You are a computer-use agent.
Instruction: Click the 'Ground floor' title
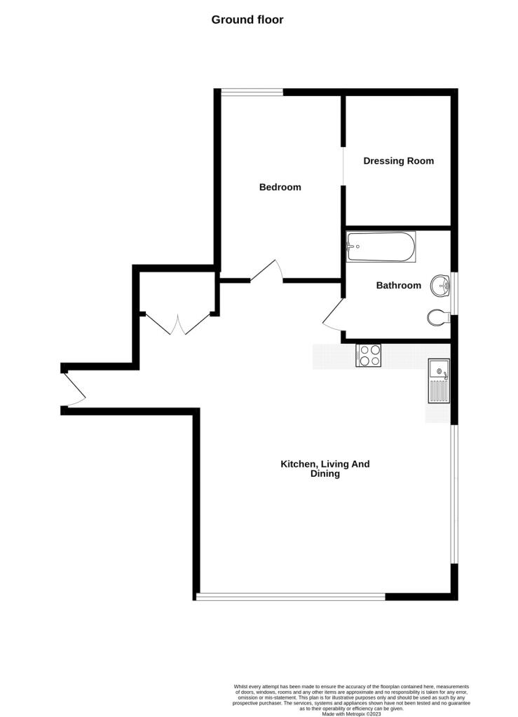click(x=247, y=20)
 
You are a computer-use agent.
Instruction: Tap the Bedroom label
click(x=280, y=187)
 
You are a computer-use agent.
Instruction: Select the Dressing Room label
click(x=399, y=161)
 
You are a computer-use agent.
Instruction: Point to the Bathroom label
click(x=399, y=286)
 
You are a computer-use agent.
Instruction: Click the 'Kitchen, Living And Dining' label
click(x=325, y=468)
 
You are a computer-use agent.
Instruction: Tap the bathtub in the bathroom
click(x=381, y=247)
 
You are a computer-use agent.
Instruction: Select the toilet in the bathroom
click(x=439, y=317)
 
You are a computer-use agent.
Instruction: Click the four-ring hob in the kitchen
click(x=369, y=355)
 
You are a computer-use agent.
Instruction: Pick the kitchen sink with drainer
click(x=439, y=381)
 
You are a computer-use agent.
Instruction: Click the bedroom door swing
click(x=267, y=271)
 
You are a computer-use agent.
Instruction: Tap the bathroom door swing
click(x=333, y=313)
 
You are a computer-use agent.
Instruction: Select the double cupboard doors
click(x=178, y=324)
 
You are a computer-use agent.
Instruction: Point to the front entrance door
click(x=74, y=389)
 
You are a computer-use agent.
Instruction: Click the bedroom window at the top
click(x=252, y=92)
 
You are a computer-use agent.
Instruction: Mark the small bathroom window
click(x=454, y=293)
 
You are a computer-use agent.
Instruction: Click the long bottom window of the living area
click(x=291, y=597)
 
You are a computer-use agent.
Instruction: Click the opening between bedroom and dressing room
click(x=343, y=166)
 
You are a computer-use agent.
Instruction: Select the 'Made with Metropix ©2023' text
click(x=351, y=713)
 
